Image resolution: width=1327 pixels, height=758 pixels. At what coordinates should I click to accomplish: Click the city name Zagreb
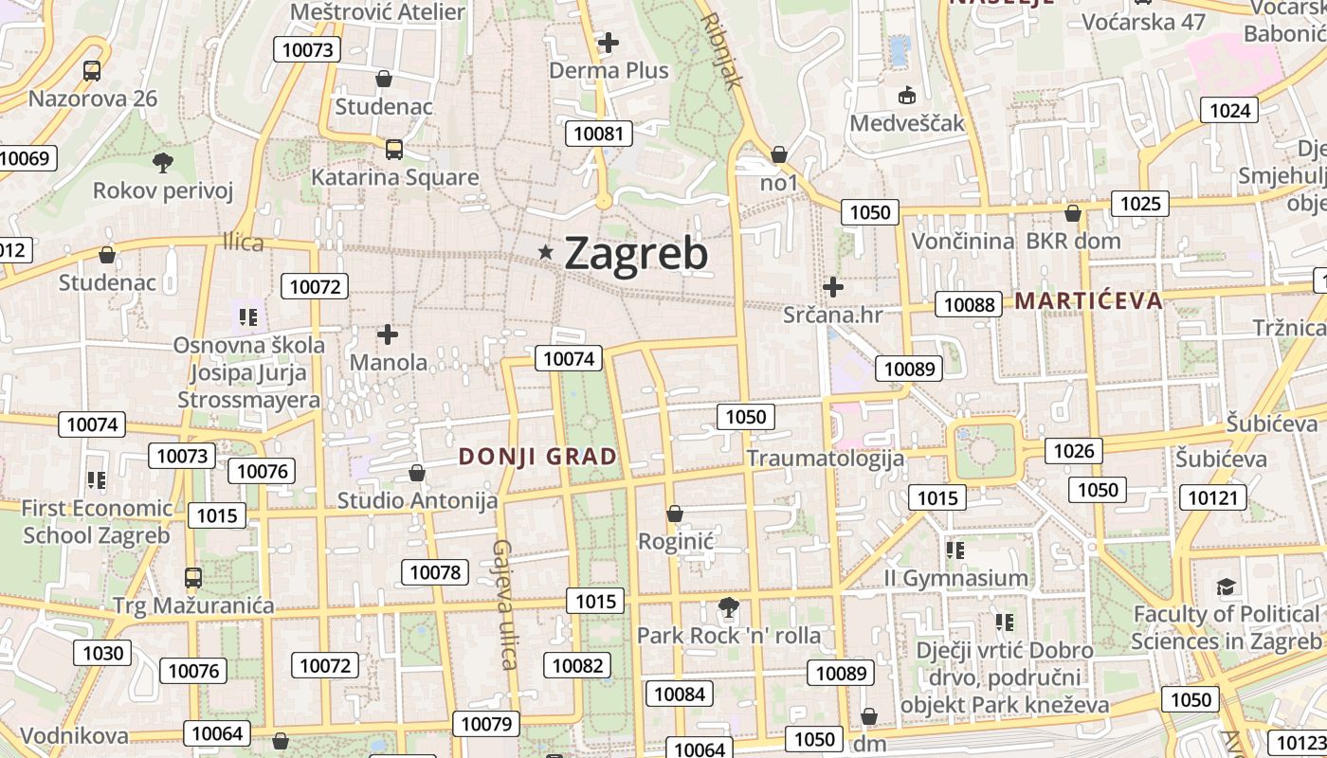636,253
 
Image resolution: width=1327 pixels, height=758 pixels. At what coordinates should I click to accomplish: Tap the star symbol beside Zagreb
546,252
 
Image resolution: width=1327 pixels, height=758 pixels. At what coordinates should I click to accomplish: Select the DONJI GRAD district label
537,457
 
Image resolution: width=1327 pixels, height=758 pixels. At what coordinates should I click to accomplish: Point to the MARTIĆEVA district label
1088,301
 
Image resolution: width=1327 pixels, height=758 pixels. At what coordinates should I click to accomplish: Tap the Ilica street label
244,243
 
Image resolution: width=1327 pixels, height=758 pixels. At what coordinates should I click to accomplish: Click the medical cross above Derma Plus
609,43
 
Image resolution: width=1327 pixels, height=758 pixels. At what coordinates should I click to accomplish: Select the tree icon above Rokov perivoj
163,162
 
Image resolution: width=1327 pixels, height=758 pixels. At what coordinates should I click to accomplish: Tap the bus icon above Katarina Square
394,149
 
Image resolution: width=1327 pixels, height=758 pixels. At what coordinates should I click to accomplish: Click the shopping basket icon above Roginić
675,514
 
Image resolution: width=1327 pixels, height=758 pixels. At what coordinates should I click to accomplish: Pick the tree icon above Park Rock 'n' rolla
728,606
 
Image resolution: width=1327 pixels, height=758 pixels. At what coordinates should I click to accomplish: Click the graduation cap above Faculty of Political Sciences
1227,587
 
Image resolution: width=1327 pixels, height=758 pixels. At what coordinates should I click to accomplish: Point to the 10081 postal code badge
599,134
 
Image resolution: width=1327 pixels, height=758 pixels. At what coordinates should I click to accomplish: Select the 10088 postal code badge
970,304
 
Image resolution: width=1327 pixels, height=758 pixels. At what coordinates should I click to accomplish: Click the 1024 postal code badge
1230,111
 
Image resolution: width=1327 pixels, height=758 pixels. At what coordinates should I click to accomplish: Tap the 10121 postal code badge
1213,497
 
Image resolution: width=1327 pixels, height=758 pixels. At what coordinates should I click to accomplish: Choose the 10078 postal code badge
435,572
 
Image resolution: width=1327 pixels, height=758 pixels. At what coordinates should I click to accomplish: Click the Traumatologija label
825,459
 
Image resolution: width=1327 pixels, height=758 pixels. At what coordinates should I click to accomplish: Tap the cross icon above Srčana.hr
833,286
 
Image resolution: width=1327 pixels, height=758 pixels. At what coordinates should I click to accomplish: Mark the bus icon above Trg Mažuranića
192,577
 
